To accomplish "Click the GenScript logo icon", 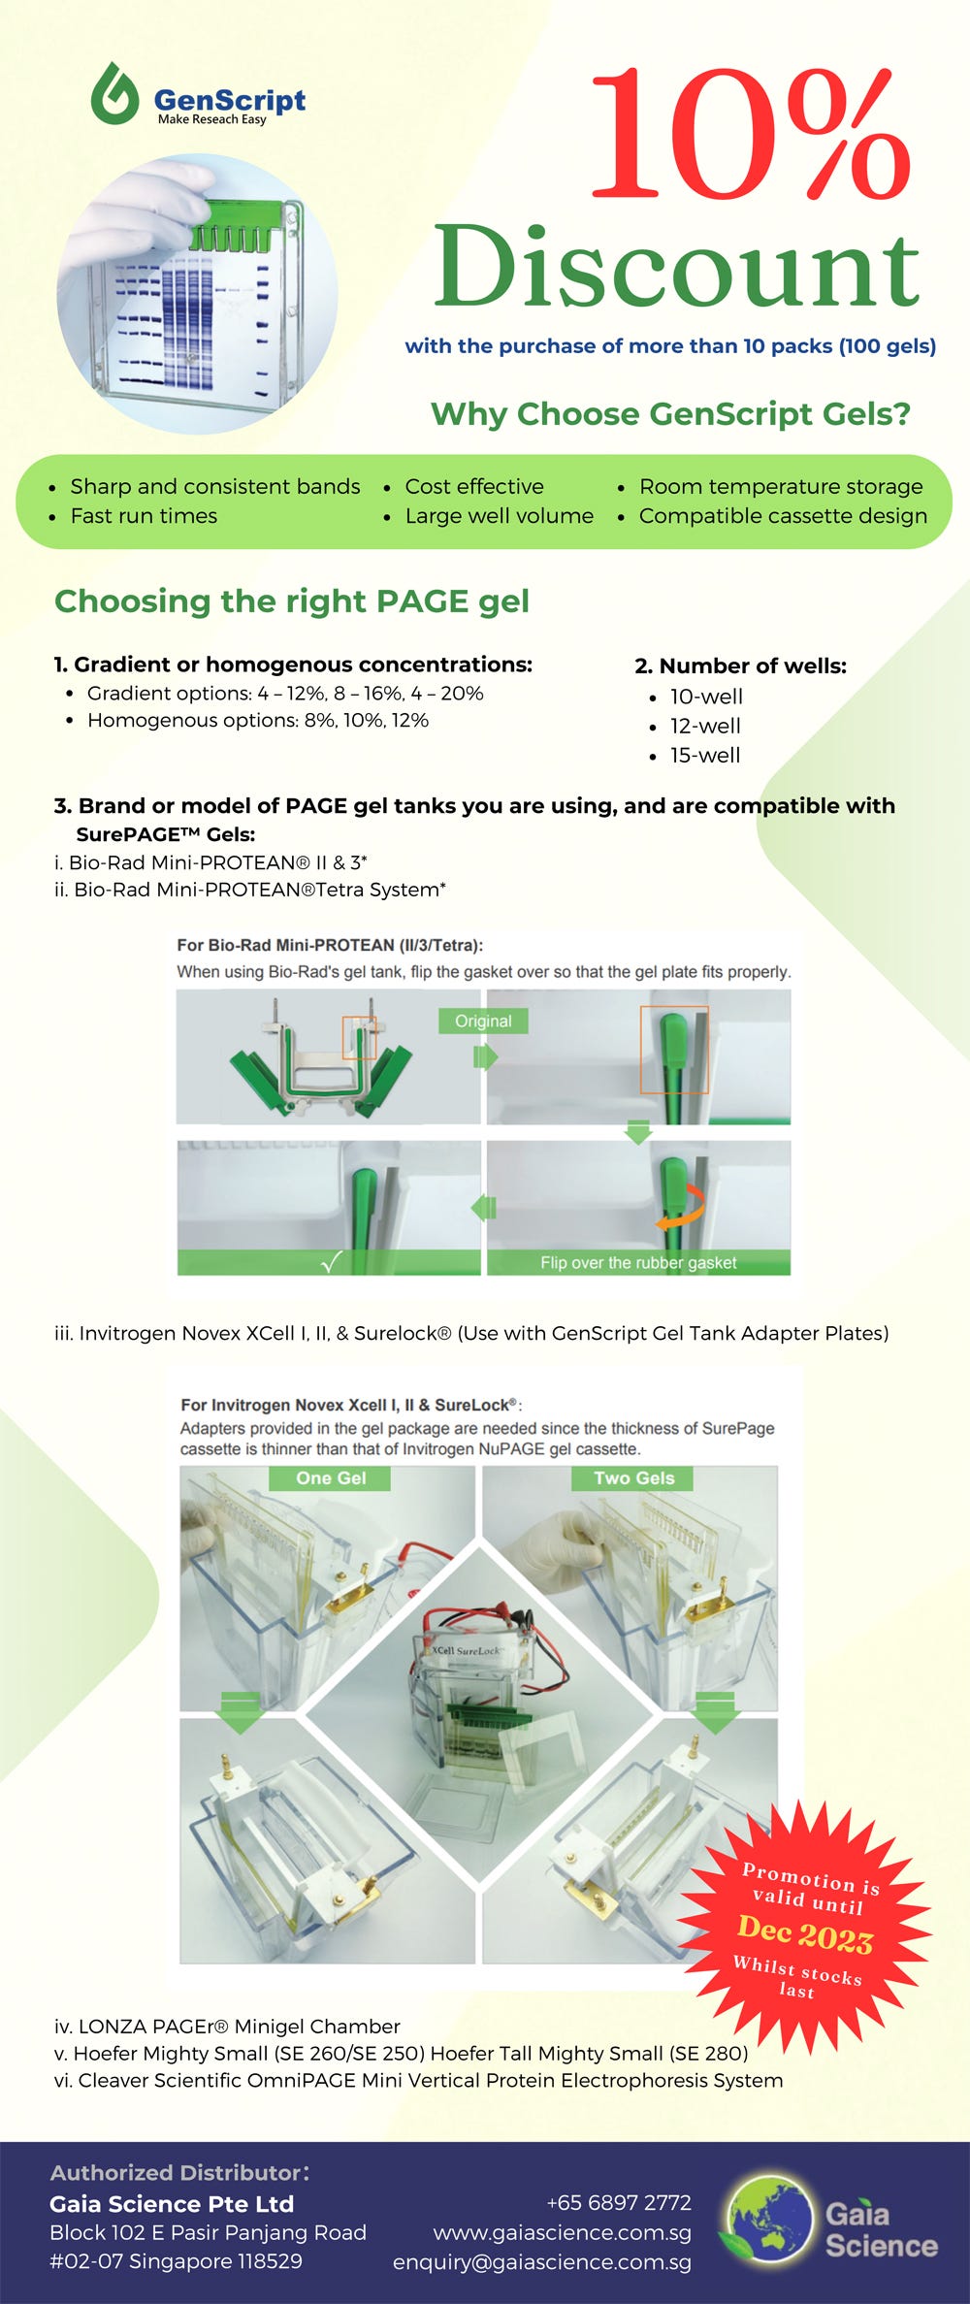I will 114,95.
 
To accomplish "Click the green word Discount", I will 676,267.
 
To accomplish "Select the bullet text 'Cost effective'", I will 473,487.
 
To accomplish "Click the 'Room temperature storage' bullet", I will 781,487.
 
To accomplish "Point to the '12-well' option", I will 705,726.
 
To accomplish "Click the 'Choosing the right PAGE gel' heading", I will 292,601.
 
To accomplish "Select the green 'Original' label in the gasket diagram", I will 483,1022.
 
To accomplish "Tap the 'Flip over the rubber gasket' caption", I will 638,1263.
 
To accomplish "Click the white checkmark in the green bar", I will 331,1262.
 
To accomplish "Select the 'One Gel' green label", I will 331,1478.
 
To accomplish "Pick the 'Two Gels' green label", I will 634,1478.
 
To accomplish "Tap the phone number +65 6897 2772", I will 619,2203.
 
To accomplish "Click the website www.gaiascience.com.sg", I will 563,2232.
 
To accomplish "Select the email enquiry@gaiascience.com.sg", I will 542,2262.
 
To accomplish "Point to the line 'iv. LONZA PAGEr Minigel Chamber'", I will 227,2027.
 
